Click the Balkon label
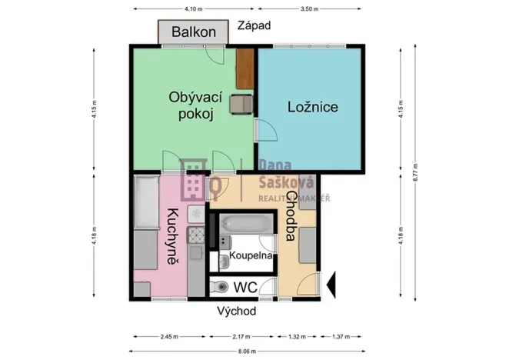(x=194, y=33)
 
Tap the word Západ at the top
(x=253, y=26)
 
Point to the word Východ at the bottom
(x=236, y=312)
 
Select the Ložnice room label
(x=313, y=107)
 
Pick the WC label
(x=245, y=287)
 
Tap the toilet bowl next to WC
(x=219, y=288)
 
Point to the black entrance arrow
(x=332, y=285)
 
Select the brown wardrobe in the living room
(x=245, y=68)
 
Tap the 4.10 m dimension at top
(x=194, y=9)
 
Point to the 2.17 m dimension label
(x=242, y=337)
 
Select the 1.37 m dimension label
(x=342, y=337)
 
